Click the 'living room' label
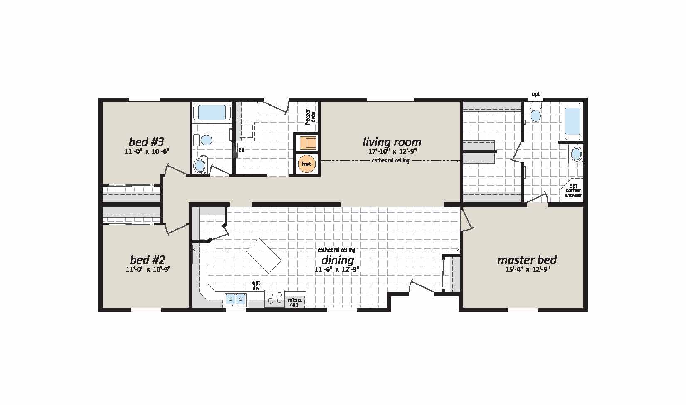(392, 142)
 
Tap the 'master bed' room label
(527, 260)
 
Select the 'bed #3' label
(147, 141)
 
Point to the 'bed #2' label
(148, 260)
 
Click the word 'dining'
(338, 260)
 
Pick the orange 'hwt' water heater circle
(306, 164)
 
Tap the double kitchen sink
(235, 299)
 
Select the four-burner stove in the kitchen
(274, 299)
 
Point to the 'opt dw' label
(256, 285)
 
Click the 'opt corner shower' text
(574, 191)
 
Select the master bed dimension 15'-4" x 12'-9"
(527, 269)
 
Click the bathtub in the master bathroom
(573, 120)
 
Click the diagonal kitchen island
(264, 255)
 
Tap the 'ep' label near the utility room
(241, 150)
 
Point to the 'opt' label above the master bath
(536, 94)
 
